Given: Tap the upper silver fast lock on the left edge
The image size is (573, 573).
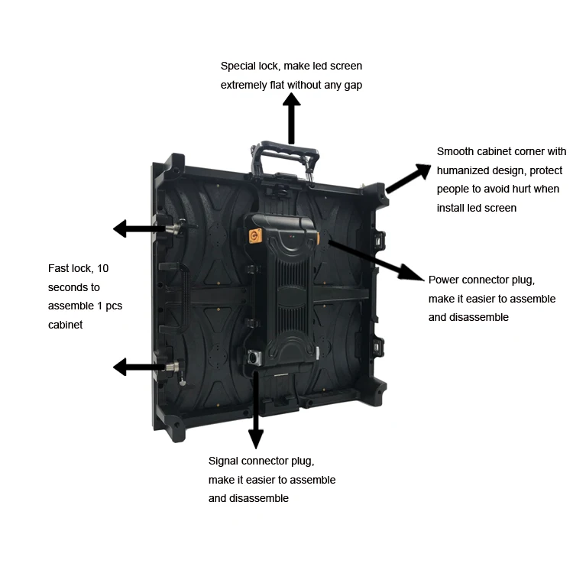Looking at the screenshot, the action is pos(176,228).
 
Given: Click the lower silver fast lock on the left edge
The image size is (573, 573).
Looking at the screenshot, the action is pos(176,367).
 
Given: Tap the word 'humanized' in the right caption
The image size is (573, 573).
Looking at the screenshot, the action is pos(462,170).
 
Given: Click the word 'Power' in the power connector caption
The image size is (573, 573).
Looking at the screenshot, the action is pos(445,280).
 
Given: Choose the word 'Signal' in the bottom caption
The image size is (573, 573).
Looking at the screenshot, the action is pos(225,461).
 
